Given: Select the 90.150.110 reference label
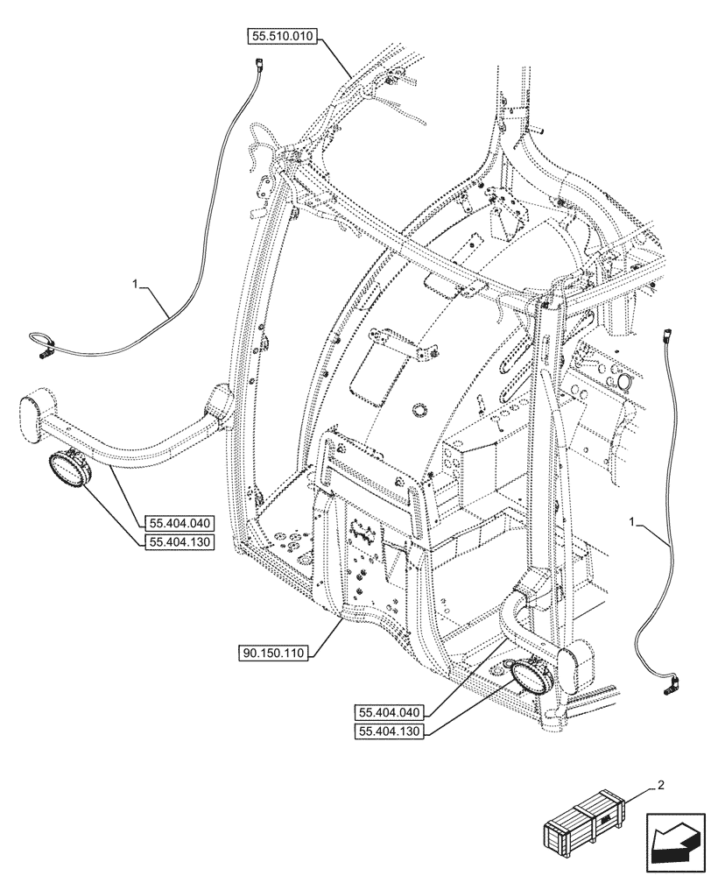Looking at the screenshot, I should click(x=273, y=653).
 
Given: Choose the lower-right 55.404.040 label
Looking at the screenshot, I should click(x=390, y=712).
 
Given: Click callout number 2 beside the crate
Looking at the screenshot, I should click(x=660, y=785).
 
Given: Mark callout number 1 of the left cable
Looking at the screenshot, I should click(x=135, y=285).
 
